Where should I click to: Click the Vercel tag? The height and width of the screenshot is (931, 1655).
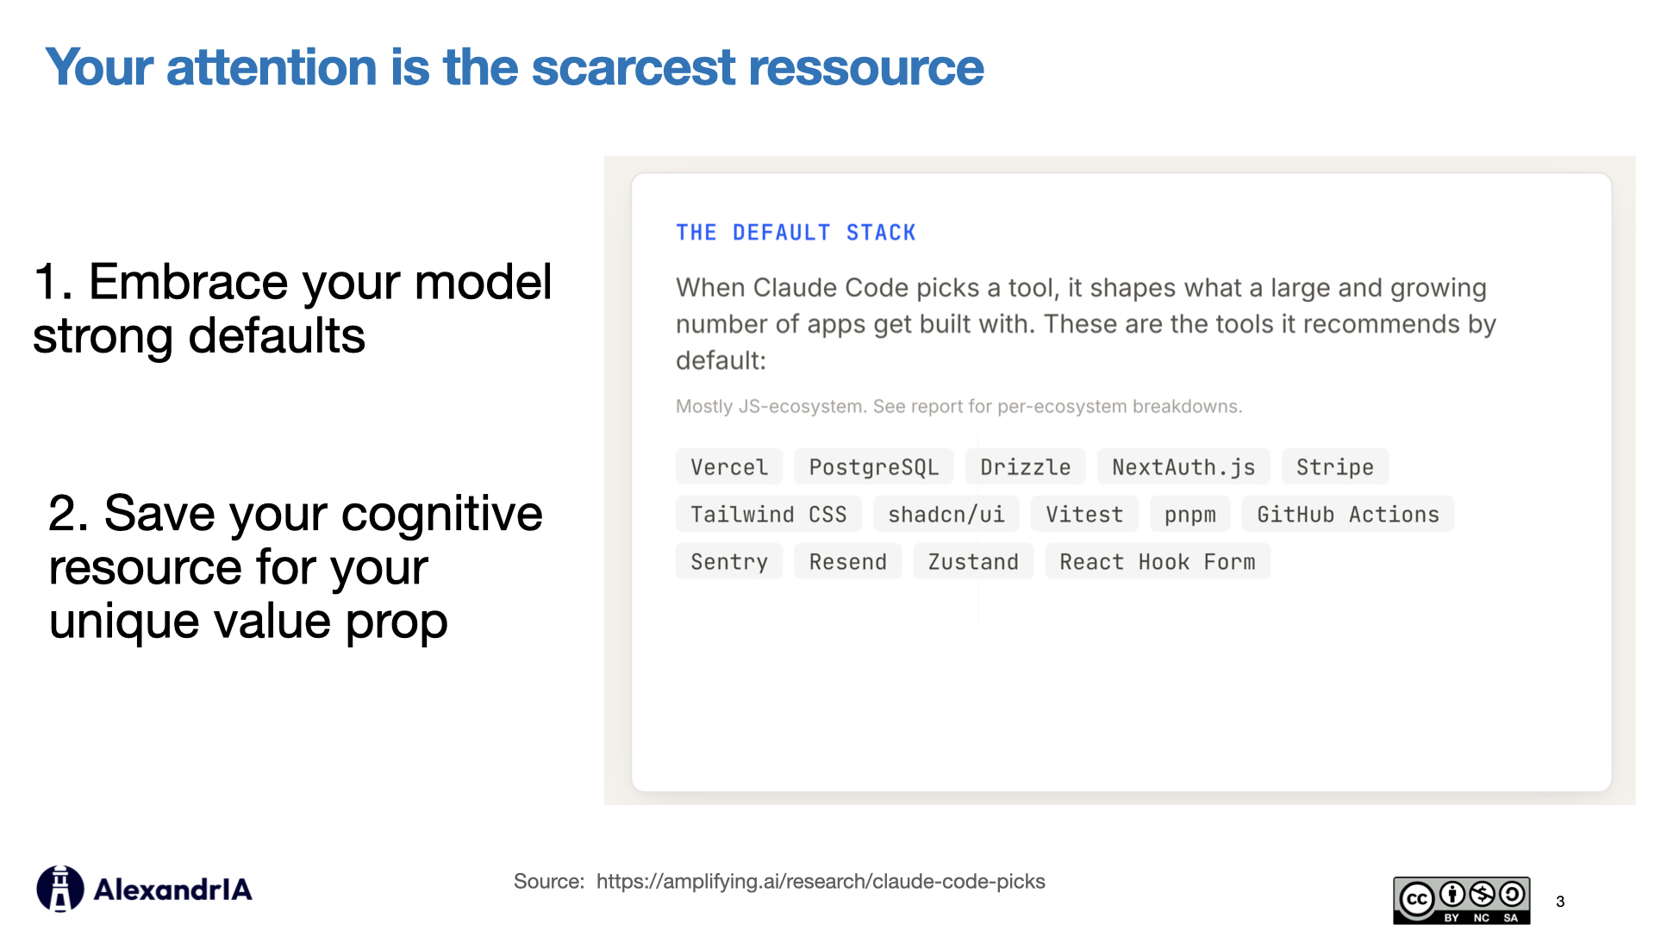728,467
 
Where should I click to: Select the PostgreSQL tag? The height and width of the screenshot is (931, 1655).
873,467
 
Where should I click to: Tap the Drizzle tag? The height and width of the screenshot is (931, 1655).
1025,467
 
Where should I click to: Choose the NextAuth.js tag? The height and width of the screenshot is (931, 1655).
1183,467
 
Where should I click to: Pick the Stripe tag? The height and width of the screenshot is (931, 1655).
1334,467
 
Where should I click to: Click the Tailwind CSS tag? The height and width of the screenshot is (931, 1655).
768,515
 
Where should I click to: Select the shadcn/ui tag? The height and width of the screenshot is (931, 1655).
946,515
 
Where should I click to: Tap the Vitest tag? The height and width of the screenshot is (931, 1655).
1084,515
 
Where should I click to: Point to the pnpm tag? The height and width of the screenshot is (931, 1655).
1190,515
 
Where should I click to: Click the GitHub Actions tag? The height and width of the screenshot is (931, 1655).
1347,515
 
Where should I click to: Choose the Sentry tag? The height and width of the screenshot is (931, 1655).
728,562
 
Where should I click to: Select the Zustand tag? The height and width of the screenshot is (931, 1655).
972,562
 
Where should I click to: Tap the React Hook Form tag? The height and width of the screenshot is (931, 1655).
1157,562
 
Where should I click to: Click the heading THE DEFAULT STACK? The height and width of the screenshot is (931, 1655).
795,233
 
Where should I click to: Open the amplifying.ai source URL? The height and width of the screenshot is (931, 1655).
820,882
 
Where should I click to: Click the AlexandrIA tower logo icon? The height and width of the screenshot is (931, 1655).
59,889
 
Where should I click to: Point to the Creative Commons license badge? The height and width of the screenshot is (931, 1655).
1461,900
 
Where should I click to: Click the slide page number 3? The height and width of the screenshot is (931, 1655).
1560,902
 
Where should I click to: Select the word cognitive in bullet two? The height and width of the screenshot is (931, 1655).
441,514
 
